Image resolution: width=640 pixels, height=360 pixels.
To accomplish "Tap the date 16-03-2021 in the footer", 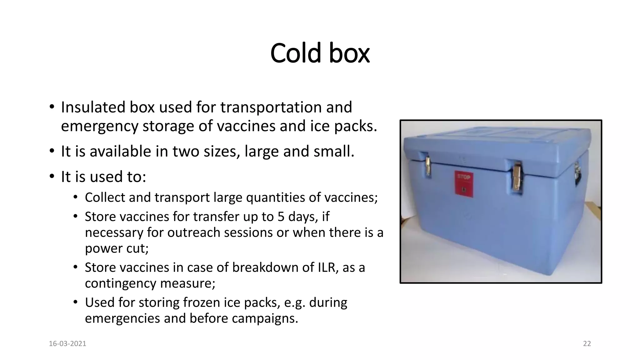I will point(67,344).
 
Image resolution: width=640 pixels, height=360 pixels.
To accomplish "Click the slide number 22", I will point(587,344).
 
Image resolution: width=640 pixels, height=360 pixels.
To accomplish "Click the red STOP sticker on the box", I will point(464,184).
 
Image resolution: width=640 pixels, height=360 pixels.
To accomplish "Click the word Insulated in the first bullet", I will point(92,107).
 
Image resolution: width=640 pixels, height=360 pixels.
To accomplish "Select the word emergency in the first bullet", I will point(99,126).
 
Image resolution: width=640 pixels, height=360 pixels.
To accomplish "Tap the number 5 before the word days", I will point(281,217).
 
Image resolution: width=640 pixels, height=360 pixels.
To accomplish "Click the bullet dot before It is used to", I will point(52,176).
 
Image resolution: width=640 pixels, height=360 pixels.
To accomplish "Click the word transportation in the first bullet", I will point(271,107).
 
